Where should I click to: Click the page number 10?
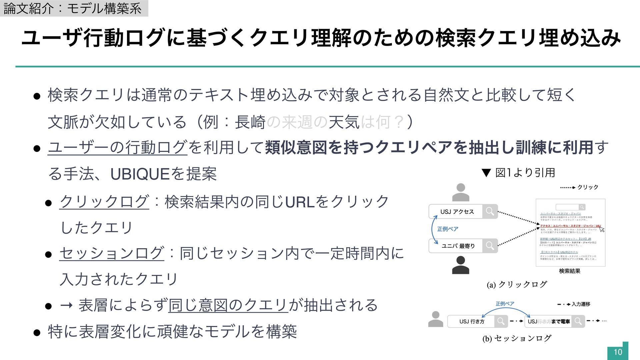pos(618,352)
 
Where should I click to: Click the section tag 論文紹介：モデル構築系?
pos(73,8)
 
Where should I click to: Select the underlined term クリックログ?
pos(104,202)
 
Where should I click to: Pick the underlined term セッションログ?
pos(112,253)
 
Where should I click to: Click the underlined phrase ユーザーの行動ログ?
pos(118,148)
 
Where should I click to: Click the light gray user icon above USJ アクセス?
pos(461,192)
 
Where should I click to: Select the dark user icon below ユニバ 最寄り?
pos(461,265)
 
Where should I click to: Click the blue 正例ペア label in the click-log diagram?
pos(447,229)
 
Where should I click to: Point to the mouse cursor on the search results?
pos(602,229)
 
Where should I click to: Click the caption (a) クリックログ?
pos(517,284)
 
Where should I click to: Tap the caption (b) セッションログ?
pos(517,338)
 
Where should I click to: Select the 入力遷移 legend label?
pos(581,304)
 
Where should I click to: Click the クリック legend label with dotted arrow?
pos(587,187)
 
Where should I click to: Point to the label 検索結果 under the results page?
pos(570,271)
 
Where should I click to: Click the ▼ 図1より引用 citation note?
pos(519,173)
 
